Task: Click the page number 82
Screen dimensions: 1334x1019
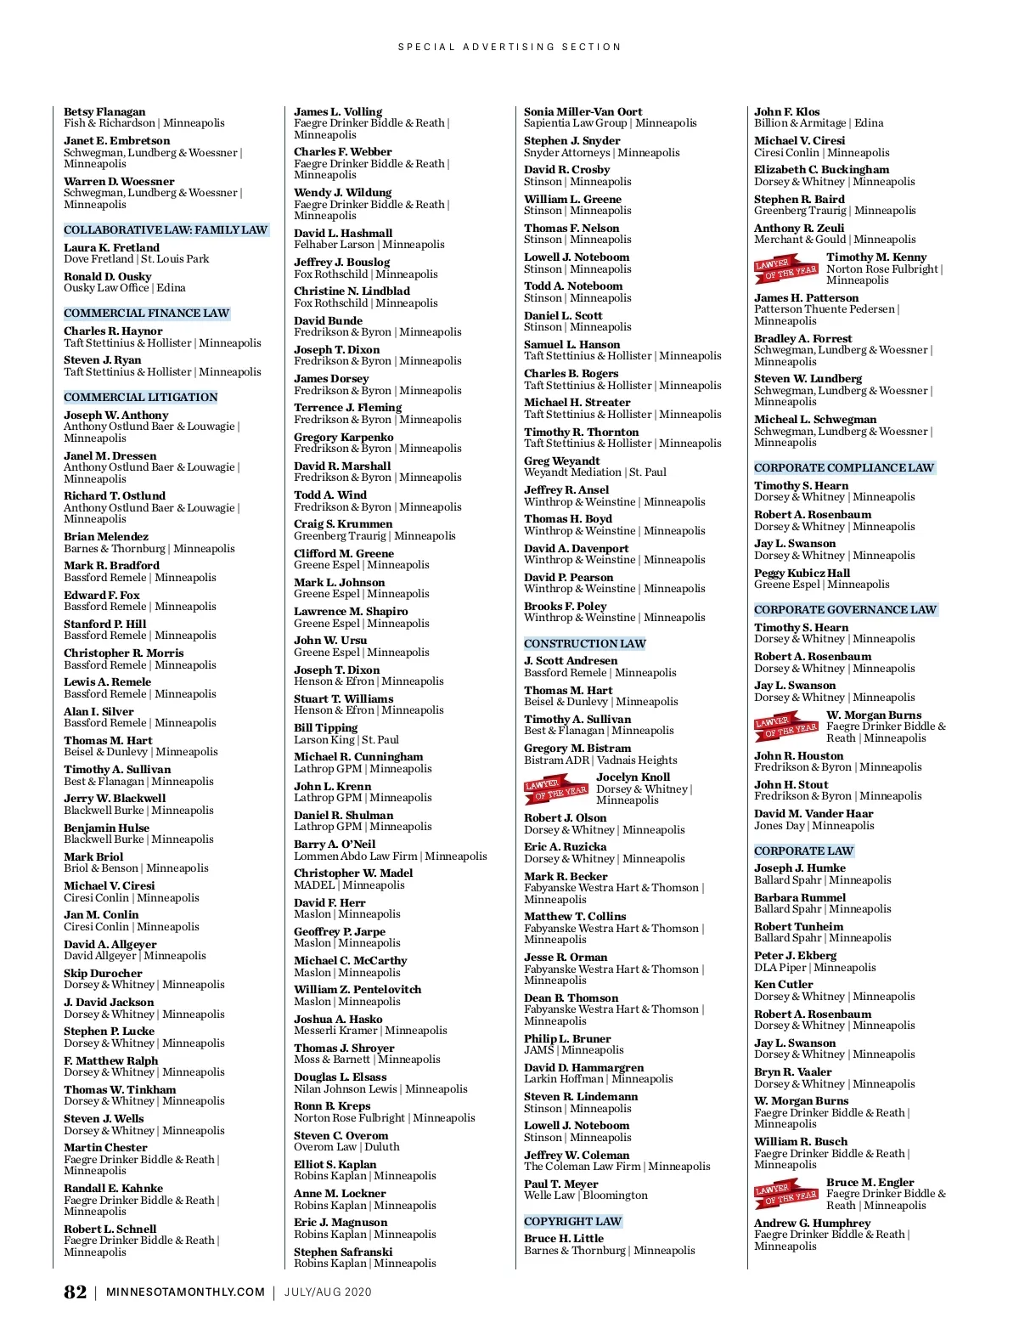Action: pos(75,1292)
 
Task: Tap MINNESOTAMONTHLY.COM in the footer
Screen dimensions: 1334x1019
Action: pos(185,1292)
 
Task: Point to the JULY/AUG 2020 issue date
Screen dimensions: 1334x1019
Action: pos(328,1292)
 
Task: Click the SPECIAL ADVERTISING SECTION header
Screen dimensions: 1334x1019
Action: pos(509,47)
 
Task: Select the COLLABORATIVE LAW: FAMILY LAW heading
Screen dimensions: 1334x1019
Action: pos(166,230)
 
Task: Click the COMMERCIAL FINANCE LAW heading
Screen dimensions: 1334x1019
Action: pos(146,314)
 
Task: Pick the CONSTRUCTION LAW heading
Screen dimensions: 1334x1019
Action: pos(584,644)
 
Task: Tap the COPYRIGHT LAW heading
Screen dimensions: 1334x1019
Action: pos(572,1222)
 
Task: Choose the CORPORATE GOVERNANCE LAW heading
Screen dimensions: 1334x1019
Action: pos(845,610)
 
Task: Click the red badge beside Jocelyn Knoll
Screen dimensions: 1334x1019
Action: pos(555,789)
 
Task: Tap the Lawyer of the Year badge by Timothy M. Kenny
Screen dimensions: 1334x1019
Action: pos(785,268)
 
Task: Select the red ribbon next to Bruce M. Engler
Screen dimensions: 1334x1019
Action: pos(785,1194)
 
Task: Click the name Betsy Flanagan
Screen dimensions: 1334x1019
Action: pos(104,112)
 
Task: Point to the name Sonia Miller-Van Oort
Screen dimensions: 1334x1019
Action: pos(583,112)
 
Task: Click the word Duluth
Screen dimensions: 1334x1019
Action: pos(382,1147)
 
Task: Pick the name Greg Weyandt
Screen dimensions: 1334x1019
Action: pos(561,461)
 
